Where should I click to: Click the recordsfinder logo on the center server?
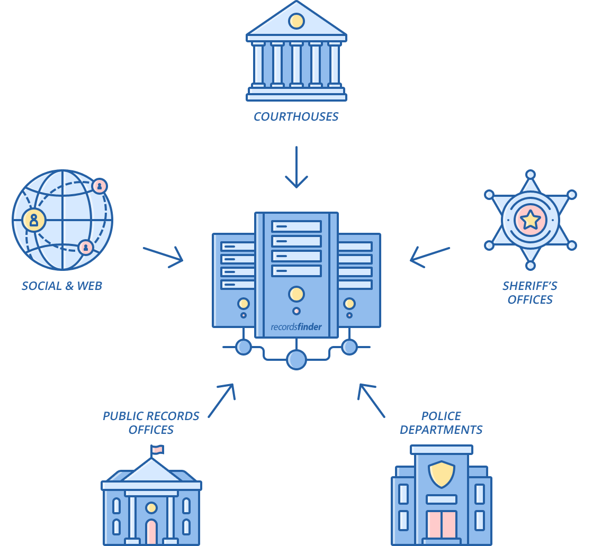[x=296, y=326]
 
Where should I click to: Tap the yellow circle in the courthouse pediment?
[x=296, y=21]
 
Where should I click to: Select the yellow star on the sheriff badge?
[x=530, y=220]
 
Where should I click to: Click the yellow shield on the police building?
[x=441, y=474]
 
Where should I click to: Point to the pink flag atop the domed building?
[x=157, y=449]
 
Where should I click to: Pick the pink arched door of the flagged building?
[x=151, y=532]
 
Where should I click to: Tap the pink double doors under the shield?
[x=441, y=524]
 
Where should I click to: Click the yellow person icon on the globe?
[x=34, y=220]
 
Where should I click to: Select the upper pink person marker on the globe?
[x=99, y=186]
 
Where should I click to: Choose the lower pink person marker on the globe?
[x=85, y=247]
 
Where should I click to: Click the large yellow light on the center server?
[x=296, y=294]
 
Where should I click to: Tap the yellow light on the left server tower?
[x=244, y=304]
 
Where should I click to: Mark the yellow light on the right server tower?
[x=349, y=304]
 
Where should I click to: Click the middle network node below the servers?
[x=296, y=360]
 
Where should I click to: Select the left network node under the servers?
[x=244, y=347]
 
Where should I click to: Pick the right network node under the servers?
[x=349, y=347]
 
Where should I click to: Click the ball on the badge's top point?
[x=530, y=174]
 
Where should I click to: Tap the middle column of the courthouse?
[x=296, y=64]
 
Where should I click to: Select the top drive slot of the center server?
[x=296, y=226]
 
